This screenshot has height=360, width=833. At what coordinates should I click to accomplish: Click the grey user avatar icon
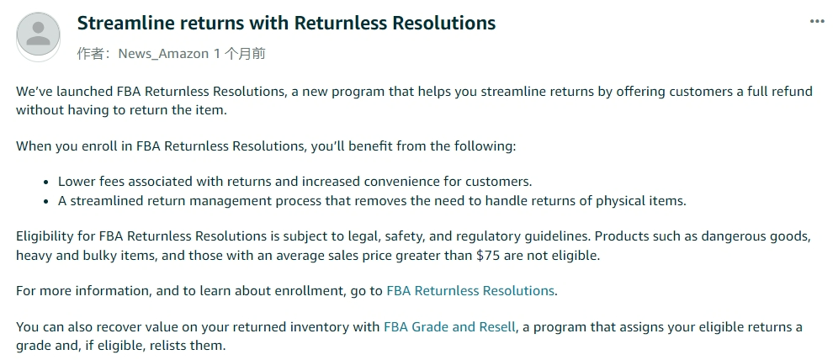click(38, 35)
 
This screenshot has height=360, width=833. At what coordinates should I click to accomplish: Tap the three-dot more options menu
click(817, 21)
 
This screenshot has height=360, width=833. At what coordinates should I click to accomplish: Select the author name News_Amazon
click(163, 54)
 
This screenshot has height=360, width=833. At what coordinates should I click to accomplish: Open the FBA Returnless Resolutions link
click(470, 290)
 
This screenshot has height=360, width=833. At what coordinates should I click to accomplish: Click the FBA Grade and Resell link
click(449, 326)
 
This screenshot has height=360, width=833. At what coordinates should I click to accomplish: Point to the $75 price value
click(488, 256)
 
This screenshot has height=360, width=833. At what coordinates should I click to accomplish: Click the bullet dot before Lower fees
click(46, 183)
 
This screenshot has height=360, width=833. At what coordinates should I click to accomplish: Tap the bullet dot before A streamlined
click(46, 201)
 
